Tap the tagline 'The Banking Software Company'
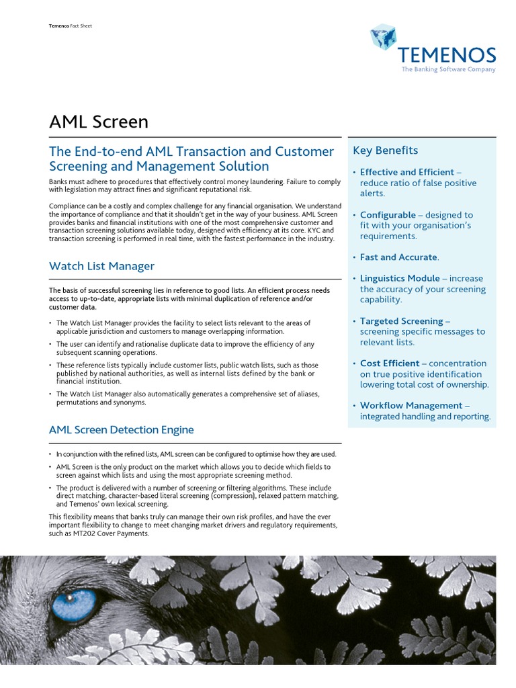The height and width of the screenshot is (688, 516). click(x=448, y=69)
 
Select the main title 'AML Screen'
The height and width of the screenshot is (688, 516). click(x=99, y=122)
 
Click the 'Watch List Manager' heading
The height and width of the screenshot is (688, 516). click(x=101, y=266)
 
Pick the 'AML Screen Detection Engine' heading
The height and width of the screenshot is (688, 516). click(x=121, y=430)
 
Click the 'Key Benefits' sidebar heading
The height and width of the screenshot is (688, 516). click(x=385, y=150)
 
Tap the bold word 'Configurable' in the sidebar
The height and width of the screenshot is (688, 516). click(x=388, y=215)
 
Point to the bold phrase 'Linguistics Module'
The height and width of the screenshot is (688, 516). click(x=400, y=278)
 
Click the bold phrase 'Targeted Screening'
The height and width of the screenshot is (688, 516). click(x=401, y=321)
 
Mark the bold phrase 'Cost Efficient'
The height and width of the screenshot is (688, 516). click(x=390, y=363)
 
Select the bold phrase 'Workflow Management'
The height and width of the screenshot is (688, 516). click(x=411, y=406)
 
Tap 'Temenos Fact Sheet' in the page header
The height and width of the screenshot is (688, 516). click(x=71, y=26)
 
